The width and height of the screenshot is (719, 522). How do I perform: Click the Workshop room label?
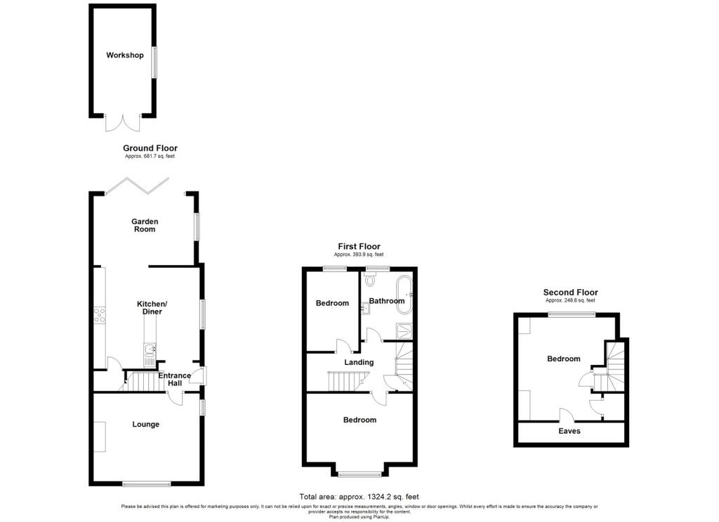click(x=125, y=55)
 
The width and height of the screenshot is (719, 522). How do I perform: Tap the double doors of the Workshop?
click(x=123, y=123)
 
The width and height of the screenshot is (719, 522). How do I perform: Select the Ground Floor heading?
click(x=150, y=148)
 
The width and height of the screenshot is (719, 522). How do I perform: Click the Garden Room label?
click(x=145, y=225)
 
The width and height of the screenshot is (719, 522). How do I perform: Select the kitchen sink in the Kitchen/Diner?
click(x=150, y=352)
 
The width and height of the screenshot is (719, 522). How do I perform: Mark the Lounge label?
click(x=145, y=424)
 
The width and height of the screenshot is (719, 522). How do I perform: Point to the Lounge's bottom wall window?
click(x=146, y=483)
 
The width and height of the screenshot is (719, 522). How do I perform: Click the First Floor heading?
click(x=359, y=246)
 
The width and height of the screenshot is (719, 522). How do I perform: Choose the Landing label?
click(x=358, y=362)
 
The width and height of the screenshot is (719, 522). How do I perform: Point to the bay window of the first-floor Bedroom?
click(x=359, y=474)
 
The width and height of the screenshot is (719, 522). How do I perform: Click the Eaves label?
click(x=569, y=431)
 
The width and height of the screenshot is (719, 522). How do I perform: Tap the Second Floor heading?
click(x=570, y=293)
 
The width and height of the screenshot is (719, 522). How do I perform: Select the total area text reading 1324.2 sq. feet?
click(x=359, y=497)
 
